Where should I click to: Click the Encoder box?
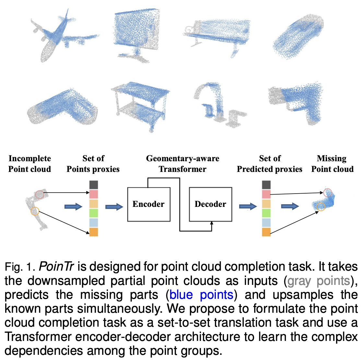point(149,204)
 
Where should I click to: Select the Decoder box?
point(210,204)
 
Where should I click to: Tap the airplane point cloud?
point(62,36)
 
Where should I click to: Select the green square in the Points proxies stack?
point(94,213)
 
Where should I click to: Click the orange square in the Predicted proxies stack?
point(266,232)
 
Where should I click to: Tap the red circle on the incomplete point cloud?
point(40,194)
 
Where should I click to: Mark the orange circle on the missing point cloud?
point(321,206)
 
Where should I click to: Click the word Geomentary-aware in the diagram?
point(182,158)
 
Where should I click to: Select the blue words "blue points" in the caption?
point(201,295)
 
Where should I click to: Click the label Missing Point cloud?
point(332,164)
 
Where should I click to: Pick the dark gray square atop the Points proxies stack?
point(94,185)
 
